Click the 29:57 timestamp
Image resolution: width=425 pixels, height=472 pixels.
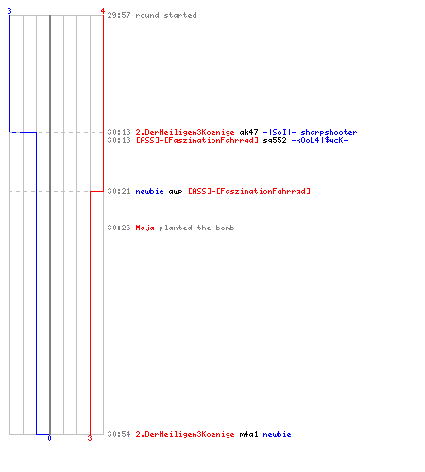click(119, 15)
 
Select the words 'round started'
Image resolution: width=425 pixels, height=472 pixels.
click(166, 15)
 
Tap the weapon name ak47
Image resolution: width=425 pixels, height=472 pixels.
click(248, 132)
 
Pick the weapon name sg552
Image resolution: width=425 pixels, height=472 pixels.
click(275, 140)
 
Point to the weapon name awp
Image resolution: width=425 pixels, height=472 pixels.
click(176, 191)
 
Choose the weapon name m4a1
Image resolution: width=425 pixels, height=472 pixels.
click(248, 434)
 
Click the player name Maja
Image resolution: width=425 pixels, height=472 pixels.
click(144, 228)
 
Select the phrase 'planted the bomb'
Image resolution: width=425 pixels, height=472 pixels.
click(196, 228)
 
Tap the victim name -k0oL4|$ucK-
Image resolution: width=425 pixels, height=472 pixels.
click(319, 140)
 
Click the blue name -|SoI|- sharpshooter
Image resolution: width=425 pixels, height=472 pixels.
click(310, 132)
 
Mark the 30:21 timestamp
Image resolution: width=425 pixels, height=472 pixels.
click(119, 191)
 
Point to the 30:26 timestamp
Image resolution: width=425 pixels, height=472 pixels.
click(119, 228)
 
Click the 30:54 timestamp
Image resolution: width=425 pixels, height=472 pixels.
click(119, 434)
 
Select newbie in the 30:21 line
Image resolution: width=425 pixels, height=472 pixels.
click(149, 191)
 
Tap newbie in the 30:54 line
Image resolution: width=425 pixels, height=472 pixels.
click(277, 434)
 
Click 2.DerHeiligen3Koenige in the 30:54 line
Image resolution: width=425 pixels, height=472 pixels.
click(185, 434)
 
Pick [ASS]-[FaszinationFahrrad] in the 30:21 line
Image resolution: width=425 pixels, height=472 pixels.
click(249, 191)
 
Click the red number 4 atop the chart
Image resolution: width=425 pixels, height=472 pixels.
click(103, 11)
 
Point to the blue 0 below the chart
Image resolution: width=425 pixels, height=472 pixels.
click(49, 438)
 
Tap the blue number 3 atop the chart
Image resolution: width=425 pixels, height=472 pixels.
click(9, 11)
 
